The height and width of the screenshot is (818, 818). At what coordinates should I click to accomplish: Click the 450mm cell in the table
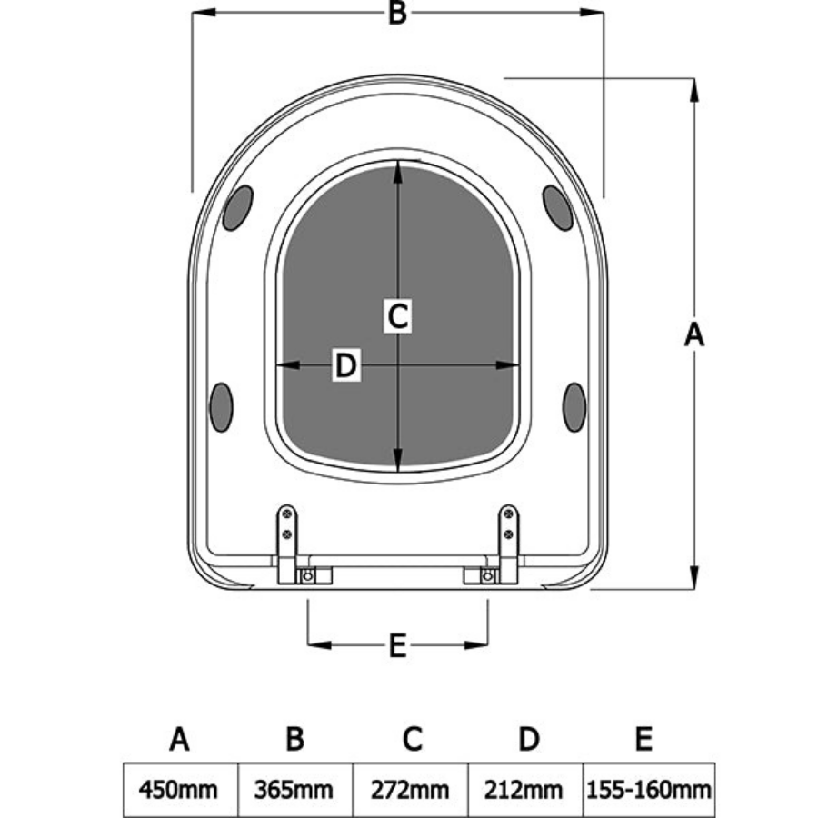click(x=179, y=789)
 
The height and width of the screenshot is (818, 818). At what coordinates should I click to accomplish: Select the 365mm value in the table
click(x=294, y=789)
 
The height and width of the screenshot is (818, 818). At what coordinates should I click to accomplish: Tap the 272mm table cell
click(x=410, y=789)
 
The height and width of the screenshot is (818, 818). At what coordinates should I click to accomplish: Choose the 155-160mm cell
click(x=648, y=789)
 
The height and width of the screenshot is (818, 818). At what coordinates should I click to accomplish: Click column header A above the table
click(x=179, y=739)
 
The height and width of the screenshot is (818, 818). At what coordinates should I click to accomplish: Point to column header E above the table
click(x=643, y=739)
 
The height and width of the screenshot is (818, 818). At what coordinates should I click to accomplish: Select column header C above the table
click(x=412, y=739)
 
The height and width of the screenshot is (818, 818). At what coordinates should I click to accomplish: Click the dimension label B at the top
click(x=397, y=14)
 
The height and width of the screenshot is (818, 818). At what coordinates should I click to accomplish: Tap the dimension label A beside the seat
click(x=694, y=334)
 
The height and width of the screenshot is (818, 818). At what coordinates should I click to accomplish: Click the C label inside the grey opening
click(x=397, y=316)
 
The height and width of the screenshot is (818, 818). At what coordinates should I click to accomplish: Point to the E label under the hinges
click(x=397, y=646)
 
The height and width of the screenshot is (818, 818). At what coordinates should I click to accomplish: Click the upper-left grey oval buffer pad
click(x=238, y=207)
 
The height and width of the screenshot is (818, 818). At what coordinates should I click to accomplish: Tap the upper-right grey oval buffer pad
click(x=557, y=207)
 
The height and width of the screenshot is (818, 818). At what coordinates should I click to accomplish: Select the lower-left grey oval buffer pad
click(x=221, y=406)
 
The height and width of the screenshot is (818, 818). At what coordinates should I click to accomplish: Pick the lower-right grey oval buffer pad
click(x=574, y=406)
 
